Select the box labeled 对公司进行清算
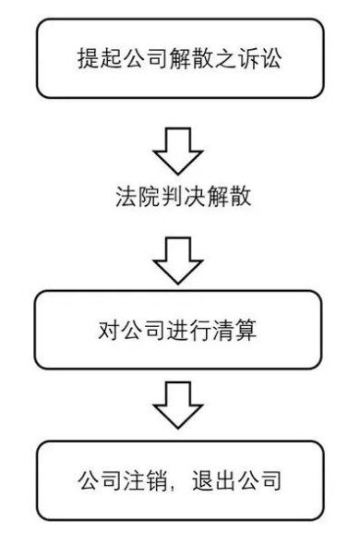click(179, 330)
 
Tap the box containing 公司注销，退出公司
click(179, 480)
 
